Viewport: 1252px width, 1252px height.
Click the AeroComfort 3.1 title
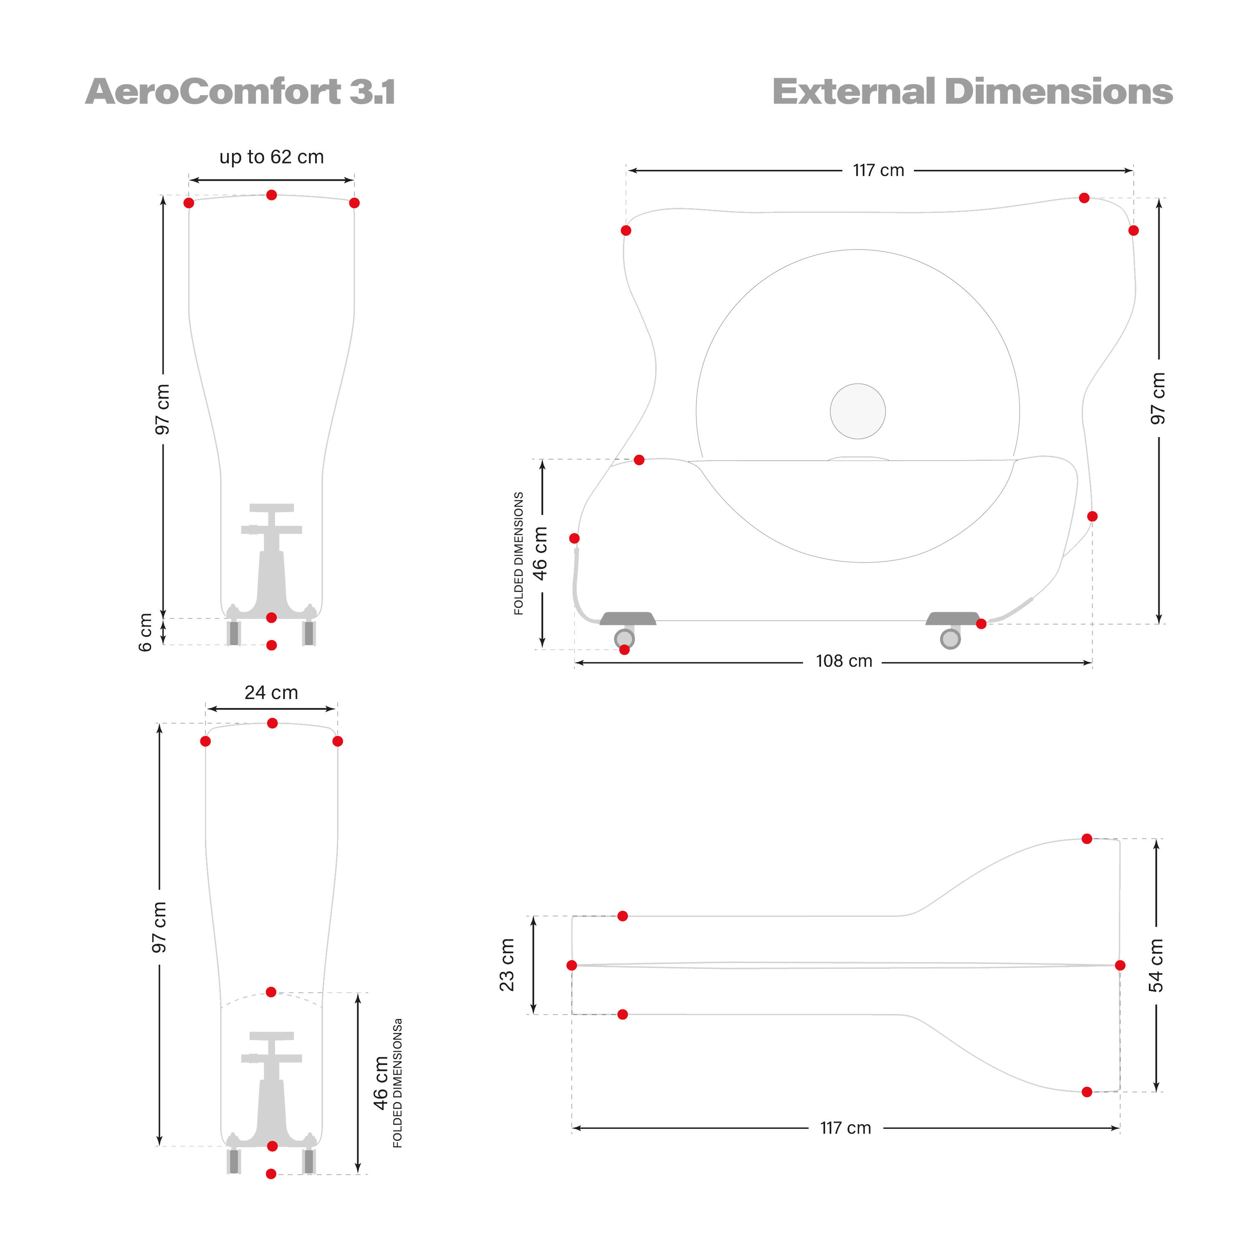tap(240, 91)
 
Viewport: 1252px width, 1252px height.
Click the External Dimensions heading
tap(972, 91)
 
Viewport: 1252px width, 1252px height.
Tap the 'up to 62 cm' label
tap(272, 157)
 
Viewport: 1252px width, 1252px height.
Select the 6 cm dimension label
tap(146, 632)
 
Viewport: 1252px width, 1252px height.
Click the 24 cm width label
tap(272, 693)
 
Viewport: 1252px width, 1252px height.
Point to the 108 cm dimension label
tap(844, 661)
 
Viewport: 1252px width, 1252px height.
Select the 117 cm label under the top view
tap(846, 1128)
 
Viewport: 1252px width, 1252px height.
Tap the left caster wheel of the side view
tap(625, 639)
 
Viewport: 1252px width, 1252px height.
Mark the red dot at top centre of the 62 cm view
tap(272, 195)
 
